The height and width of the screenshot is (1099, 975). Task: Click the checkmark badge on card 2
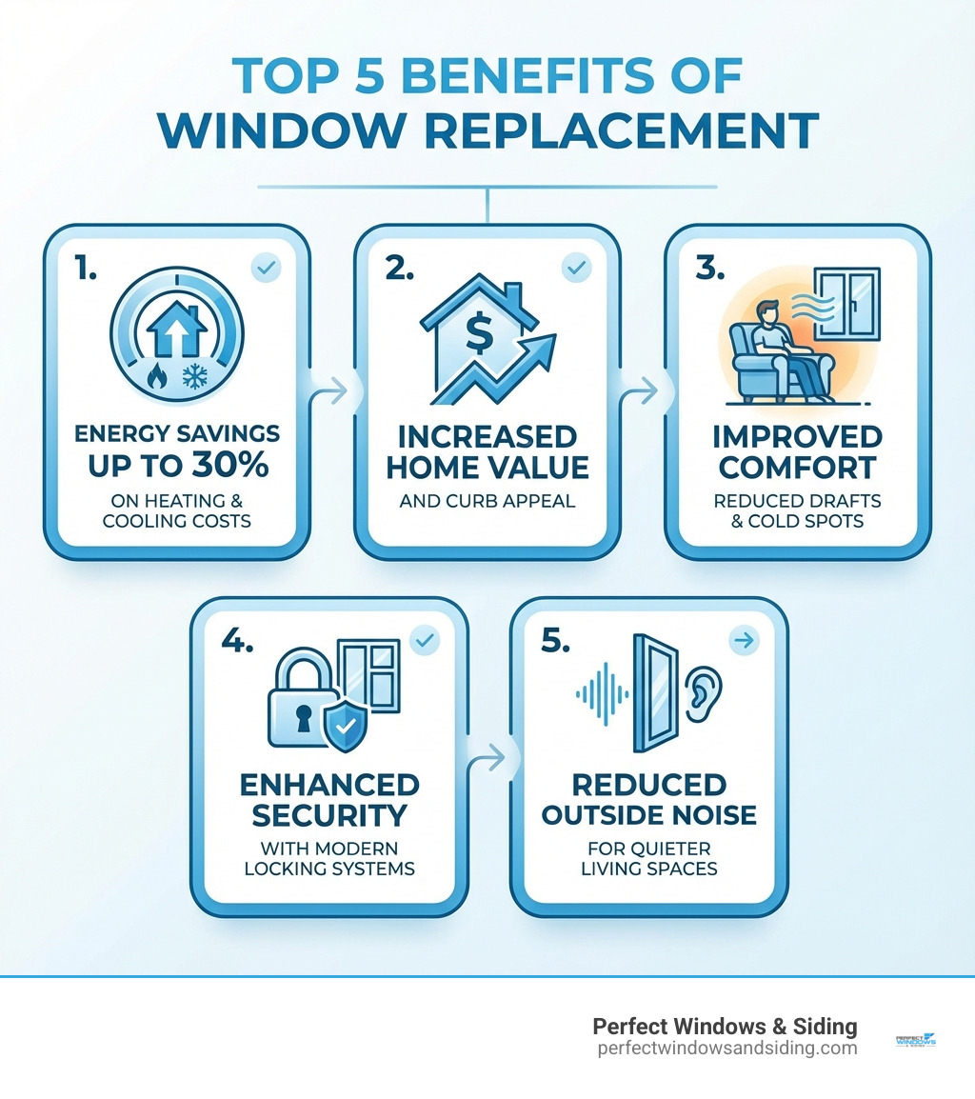[575, 269]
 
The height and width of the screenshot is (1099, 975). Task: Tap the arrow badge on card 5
[744, 641]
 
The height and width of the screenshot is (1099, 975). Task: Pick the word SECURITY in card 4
[328, 815]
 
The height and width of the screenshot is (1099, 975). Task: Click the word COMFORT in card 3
[797, 468]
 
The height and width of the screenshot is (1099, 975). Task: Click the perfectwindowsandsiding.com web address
[726, 1048]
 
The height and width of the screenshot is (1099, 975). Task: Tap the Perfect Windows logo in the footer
[916, 1041]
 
